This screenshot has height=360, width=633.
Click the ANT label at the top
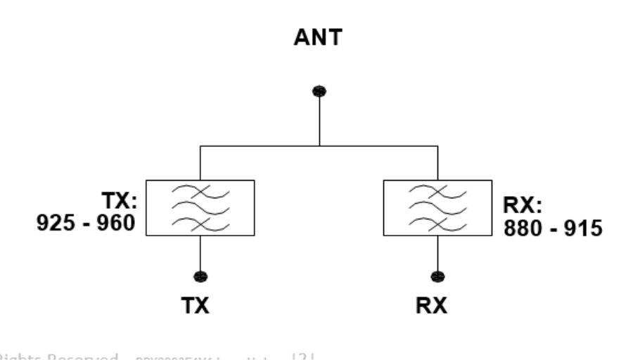point(319,41)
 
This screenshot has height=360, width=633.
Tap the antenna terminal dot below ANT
point(319,91)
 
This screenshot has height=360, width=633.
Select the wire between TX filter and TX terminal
point(201,253)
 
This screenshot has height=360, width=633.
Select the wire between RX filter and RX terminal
point(437,253)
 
